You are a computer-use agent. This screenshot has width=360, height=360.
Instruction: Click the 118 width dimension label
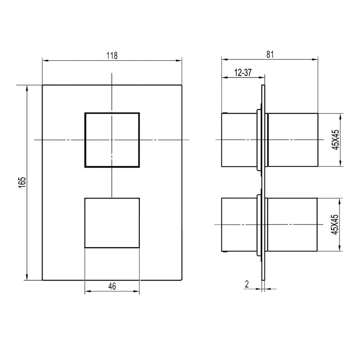tap(112, 55)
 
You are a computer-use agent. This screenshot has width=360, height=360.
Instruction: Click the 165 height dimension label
tap(22, 183)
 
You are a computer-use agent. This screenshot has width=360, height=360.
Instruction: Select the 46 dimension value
tap(112, 287)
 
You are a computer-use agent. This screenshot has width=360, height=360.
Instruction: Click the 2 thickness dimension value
tap(247, 284)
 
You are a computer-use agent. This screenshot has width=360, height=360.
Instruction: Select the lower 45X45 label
tap(336, 225)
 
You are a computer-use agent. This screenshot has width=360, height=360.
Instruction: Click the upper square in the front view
tap(112, 140)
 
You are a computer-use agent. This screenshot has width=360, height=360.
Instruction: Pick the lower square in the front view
tap(112, 223)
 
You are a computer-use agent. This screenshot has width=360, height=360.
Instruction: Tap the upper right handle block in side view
tap(293, 140)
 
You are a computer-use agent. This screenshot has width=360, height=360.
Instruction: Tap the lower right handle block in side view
tap(292, 225)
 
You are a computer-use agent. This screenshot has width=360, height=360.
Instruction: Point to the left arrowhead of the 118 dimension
tap(45, 60)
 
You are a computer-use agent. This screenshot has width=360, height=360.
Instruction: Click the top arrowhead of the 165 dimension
tap(26, 87)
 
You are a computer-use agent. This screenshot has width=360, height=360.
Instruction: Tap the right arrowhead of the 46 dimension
tap(137, 292)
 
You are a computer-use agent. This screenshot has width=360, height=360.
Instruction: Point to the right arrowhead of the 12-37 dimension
tap(263, 77)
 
